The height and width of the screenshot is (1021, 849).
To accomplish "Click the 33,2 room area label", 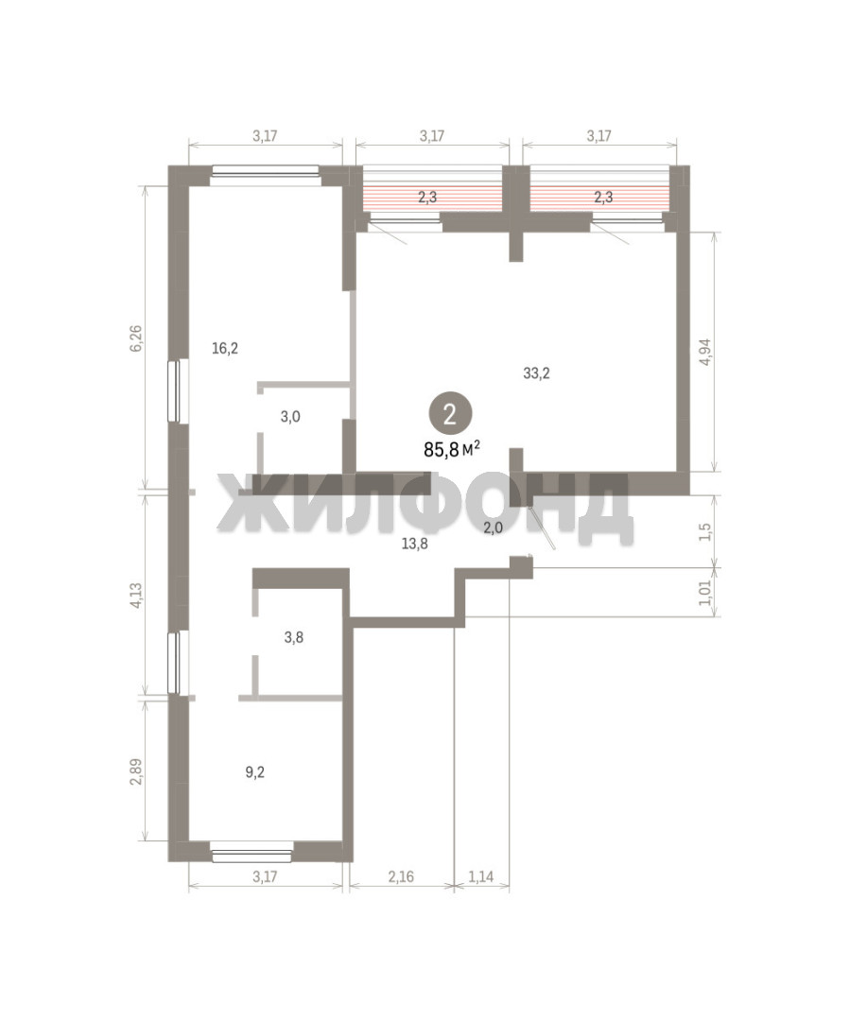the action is pyautogui.click(x=536, y=373).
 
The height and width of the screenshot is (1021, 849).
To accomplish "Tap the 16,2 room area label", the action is pyautogui.click(x=225, y=348).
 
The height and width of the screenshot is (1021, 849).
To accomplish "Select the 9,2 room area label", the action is pyautogui.click(x=254, y=772).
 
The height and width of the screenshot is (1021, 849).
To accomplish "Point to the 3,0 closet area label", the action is pyautogui.click(x=290, y=417).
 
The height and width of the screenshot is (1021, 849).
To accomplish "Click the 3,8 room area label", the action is pyautogui.click(x=294, y=637).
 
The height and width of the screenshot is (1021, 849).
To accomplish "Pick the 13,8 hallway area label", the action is pyautogui.click(x=414, y=544).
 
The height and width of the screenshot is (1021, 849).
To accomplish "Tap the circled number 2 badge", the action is pyautogui.click(x=449, y=414).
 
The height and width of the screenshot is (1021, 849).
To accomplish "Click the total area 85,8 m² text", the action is pyautogui.click(x=452, y=449).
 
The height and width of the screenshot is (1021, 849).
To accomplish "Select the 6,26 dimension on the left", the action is pyautogui.click(x=135, y=337).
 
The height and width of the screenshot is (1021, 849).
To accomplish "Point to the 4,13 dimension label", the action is pyautogui.click(x=135, y=596).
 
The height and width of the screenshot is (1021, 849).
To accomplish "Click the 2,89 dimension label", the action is pyautogui.click(x=135, y=772).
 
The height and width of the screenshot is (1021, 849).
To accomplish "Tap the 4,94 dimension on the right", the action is pyautogui.click(x=705, y=352).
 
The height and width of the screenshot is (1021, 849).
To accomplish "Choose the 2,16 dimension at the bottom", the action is pyautogui.click(x=401, y=876).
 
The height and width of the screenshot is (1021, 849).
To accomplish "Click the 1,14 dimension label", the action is pyautogui.click(x=480, y=876).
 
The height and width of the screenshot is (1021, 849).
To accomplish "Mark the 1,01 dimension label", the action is pyautogui.click(x=705, y=592).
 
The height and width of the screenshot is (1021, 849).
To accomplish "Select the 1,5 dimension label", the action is pyautogui.click(x=705, y=531).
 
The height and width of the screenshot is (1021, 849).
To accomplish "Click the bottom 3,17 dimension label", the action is pyautogui.click(x=265, y=876).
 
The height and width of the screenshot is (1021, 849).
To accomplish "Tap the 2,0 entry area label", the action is pyautogui.click(x=493, y=528).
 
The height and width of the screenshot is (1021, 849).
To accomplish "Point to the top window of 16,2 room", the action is pyautogui.click(x=265, y=171).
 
